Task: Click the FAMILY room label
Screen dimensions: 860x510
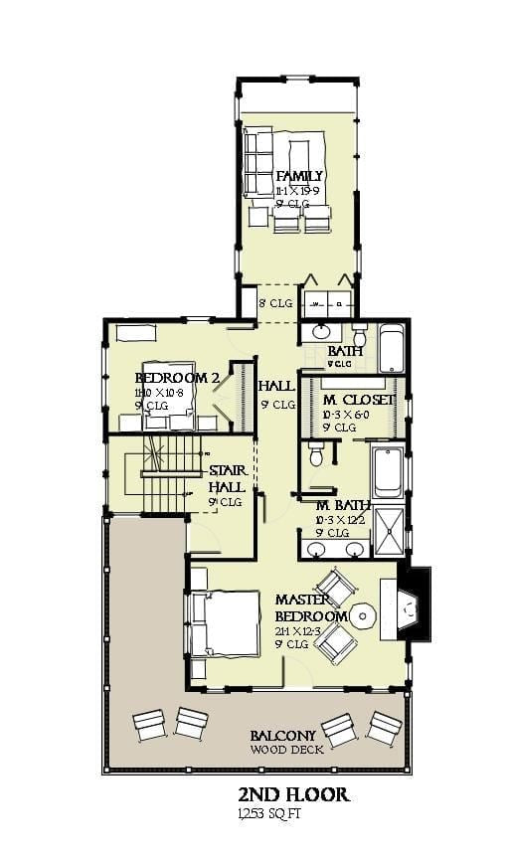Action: pyautogui.click(x=299, y=176)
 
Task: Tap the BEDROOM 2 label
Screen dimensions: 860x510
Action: pyautogui.click(x=177, y=378)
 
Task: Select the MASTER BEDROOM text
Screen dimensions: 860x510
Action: pyautogui.click(x=311, y=607)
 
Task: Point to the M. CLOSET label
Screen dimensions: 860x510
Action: pyautogui.click(x=359, y=400)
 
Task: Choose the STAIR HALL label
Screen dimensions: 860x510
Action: pyautogui.click(x=227, y=479)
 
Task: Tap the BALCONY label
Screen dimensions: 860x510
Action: pyautogui.click(x=286, y=736)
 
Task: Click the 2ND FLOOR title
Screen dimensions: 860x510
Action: pyautogui.click(x=292, y=794)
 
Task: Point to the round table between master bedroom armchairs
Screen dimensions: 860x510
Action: pyautogui.click(x=363, y=615)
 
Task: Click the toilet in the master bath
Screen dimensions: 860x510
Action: pyautogui.click(x=316, y=455)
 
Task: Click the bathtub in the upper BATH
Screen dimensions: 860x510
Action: pyautogui.click(x=391, y=347)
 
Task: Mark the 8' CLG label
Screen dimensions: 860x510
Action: pyautogui.click(x=275, y=303)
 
